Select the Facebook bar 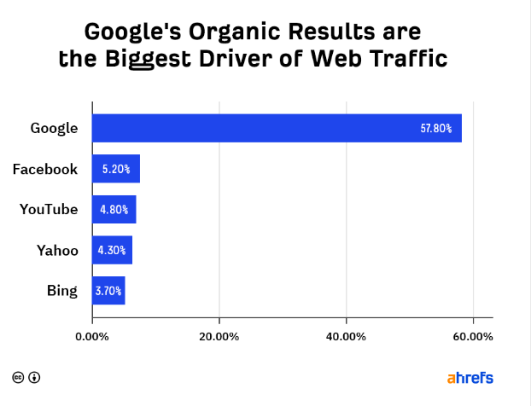(x=116, y=169)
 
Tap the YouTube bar (x=114, y=210)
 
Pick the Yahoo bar (x=113, y=250)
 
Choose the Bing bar (x=109, y=291)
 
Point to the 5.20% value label (x=115, y=169)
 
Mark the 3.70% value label (x=108, y=291)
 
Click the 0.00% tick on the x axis (x=92, y=336)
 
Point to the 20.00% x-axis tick (x=219, y=336)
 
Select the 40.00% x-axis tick (x=346, y=336)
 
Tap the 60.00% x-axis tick (x=473, y=336)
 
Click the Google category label (x=54, y=129)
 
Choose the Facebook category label (x=45, y=169)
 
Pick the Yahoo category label (x=57, y=251)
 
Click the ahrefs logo (x=470, y=377)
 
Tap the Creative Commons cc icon (x=18, y=377)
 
